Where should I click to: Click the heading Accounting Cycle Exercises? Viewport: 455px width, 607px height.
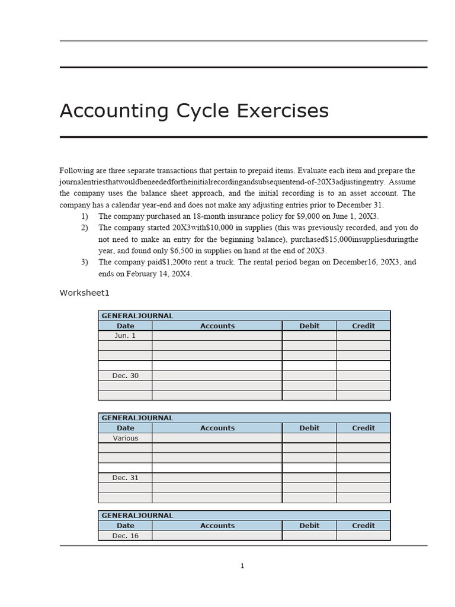point(194,111)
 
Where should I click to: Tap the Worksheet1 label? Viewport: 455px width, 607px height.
point(85,293)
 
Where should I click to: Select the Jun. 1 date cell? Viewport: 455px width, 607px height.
point(125,336)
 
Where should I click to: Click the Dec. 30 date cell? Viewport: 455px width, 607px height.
point(125,375)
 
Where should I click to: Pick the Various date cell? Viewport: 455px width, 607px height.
point(125,438)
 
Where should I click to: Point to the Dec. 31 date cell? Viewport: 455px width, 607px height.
point(125,478)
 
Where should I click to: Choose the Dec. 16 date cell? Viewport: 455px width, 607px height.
point(125,536)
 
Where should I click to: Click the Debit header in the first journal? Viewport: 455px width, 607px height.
point(309,325)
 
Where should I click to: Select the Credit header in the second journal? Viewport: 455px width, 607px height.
point(363,428)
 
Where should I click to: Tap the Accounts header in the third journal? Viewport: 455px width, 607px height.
point(217,526)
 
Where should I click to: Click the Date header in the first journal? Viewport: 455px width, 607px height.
point(125,325)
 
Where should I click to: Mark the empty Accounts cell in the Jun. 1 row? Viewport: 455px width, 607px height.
point(217,336)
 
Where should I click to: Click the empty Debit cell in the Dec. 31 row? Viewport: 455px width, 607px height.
point(309,478)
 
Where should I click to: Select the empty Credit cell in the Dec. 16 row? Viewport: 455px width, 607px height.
point(363,536)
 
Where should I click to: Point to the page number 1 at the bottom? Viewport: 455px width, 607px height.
point(242,566)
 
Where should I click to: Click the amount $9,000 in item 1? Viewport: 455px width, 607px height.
point(297,216)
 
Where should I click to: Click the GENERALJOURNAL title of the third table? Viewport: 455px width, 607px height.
point(137,516)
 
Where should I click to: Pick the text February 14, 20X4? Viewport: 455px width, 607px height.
point(159,274)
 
